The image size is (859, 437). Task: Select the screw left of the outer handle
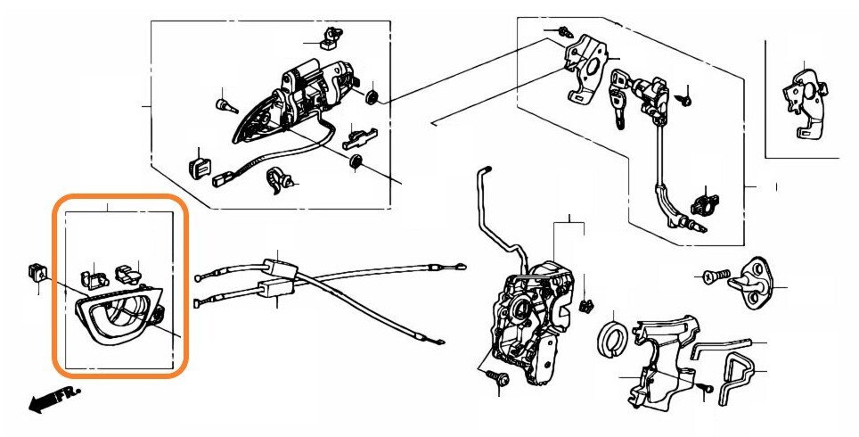point(224,104)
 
